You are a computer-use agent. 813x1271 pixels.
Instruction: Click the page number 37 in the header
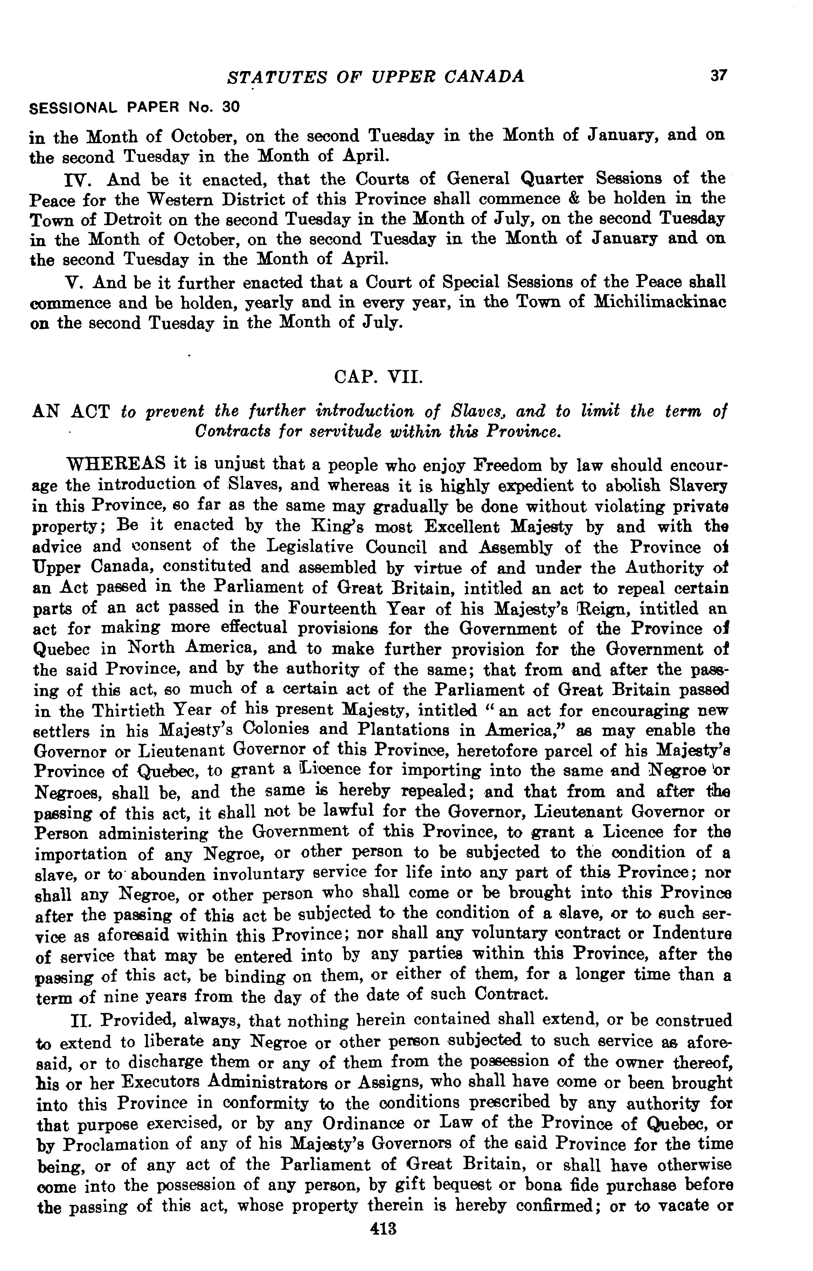coord(718,76)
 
